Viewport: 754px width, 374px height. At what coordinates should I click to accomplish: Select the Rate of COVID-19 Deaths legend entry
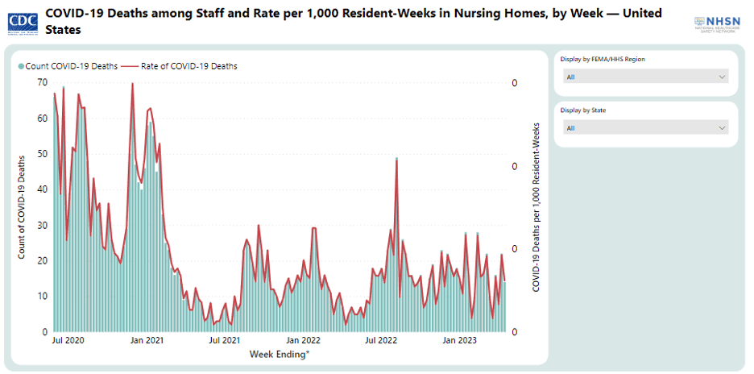(x=184, y=66)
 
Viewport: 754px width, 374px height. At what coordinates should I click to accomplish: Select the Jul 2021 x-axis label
(x=225, y=341)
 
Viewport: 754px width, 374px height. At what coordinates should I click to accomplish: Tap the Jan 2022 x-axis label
(x=304, y=341)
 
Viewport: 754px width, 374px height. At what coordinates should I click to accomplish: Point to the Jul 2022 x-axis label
(x=381, y=341)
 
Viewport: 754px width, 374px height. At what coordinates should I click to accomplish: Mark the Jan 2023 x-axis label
(x=460, y=341)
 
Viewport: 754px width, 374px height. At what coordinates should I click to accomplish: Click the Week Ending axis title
(x=278, y=355)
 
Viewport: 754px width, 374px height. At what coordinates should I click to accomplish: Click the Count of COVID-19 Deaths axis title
(x=22, y=207)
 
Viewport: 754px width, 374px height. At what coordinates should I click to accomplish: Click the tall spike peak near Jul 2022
(x=396, y=159)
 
